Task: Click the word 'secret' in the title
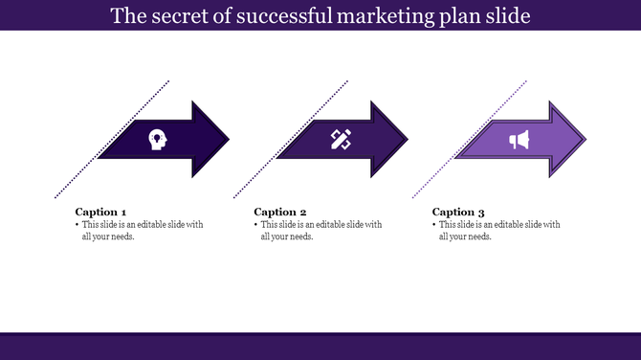(x=179, y=15)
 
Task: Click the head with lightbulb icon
(x=156, y=140)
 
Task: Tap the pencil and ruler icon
(x=341, y=140)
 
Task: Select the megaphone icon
(x=519, y=141)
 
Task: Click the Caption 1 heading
(x=100, y=212)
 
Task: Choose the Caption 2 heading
(x=280, y=212)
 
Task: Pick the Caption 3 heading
(x=459, y=212)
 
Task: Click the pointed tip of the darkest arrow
(x=228, y=140)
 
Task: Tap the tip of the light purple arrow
(x=586, y=140)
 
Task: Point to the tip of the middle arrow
(x=407, y=140)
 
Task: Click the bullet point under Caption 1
(x=77, y=225)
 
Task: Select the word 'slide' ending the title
(x=533, y=15)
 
